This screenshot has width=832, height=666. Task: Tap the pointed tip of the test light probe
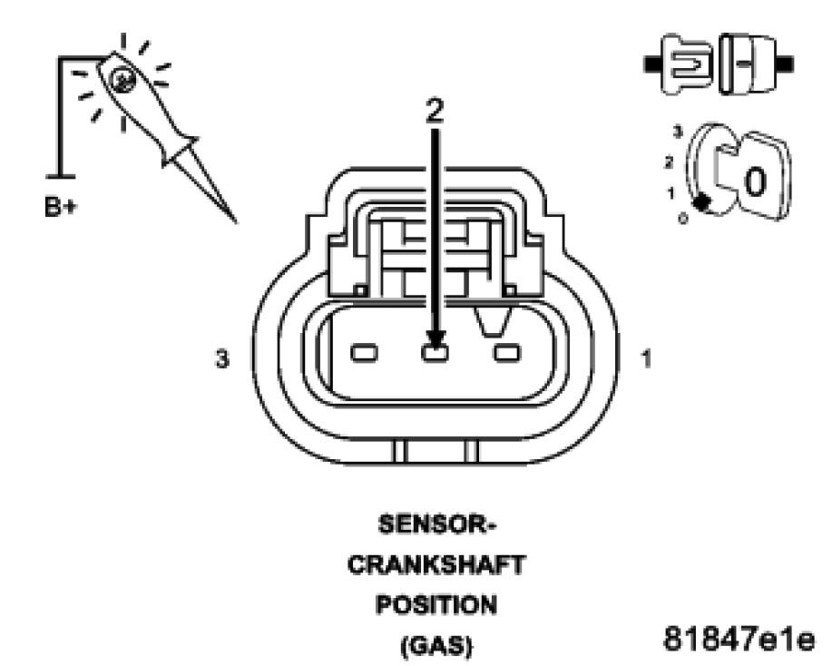coord(236,221)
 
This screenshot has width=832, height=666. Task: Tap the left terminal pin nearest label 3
coord(365,352)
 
